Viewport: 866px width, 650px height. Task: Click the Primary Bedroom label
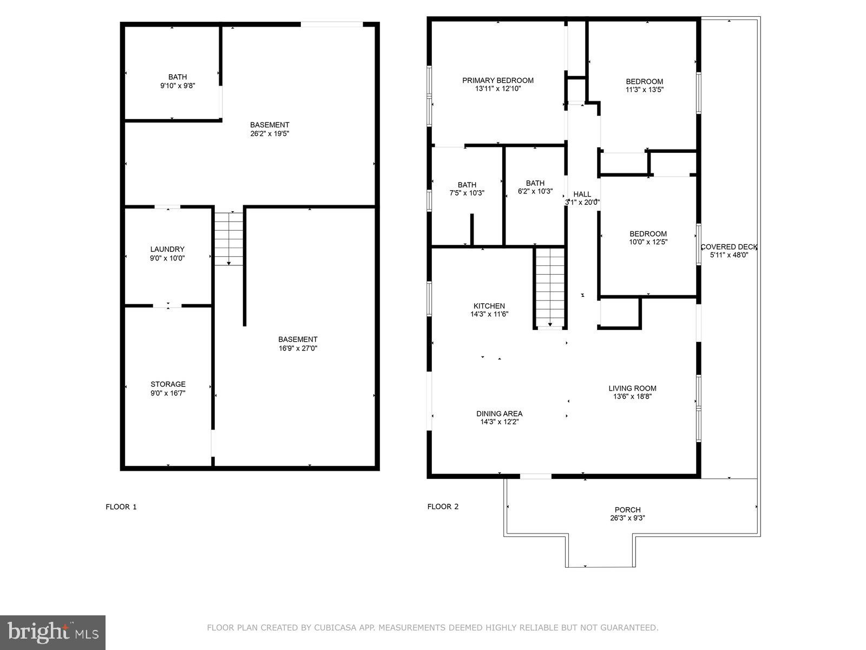[498, 81]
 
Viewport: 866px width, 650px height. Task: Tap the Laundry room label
[167, 249]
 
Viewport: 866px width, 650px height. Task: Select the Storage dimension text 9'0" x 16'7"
[168, 393]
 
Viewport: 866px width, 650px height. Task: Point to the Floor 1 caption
[121, 507]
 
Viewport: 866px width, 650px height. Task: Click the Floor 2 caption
[443, 506]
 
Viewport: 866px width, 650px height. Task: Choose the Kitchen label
[489, 306]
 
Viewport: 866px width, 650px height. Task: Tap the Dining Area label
[500, 414]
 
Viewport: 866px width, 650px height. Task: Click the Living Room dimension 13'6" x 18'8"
[632, 396]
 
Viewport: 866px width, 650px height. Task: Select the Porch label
[628, 510]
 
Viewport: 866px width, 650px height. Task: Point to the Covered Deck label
[729, 247]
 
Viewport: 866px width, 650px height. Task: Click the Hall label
[582, 194]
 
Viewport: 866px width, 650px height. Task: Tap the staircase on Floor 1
[229, 238]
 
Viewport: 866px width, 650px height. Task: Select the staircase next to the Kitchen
[550, 288]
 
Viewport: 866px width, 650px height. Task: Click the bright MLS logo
[53, 633]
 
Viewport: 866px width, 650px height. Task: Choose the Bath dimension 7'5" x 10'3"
[467, 193]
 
